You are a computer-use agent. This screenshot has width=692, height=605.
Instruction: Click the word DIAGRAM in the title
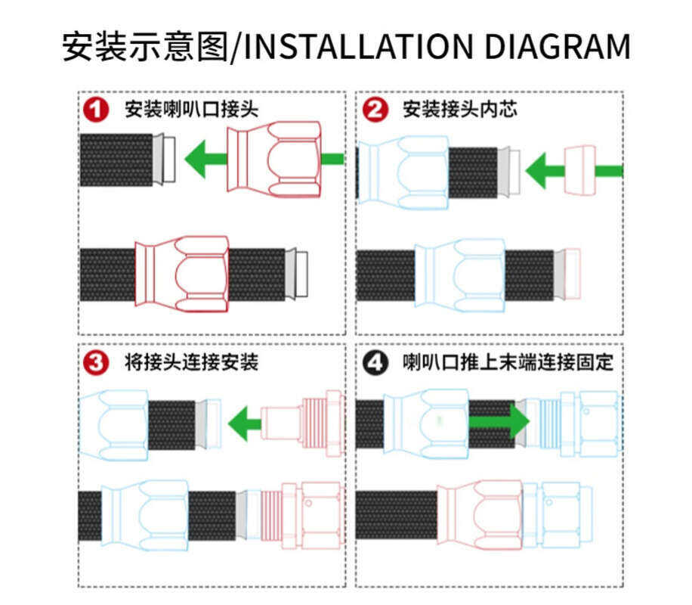[558, 46]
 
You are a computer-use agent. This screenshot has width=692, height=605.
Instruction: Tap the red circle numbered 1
[96, 110]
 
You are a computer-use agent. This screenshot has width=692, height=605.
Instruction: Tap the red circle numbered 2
[375, 110]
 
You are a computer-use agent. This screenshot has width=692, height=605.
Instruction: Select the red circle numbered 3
[96, 363]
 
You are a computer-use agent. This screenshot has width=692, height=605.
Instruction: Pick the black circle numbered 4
[375, 363]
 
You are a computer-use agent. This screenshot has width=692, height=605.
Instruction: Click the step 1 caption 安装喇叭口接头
[191, 110]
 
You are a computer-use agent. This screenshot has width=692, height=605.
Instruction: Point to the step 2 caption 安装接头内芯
[460, 110]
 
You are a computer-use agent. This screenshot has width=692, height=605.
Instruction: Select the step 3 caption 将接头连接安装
[191, 363]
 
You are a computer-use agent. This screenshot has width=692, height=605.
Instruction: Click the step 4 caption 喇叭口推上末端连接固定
[508, 363]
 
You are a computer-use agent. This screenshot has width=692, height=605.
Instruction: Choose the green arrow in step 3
[245, 423]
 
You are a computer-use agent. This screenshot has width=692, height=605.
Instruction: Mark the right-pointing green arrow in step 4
[499, 421]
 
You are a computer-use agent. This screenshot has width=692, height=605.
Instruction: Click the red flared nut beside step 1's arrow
[274, 159]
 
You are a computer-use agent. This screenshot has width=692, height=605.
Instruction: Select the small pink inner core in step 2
[580, 171]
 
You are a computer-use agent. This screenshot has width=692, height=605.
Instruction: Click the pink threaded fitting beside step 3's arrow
[302, 423]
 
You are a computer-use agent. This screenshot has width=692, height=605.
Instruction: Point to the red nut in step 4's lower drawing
[480, 514]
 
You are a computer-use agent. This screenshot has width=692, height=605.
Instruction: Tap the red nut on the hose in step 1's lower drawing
[182, 274]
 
